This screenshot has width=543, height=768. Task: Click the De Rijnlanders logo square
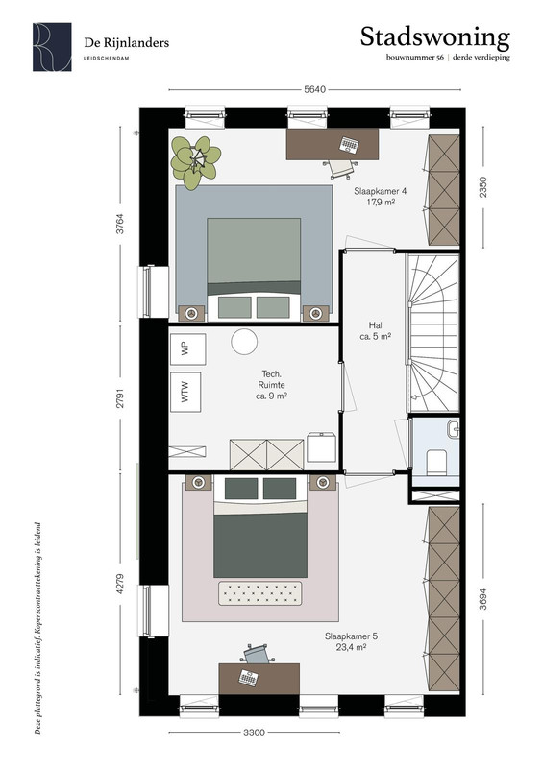tap(52, 47)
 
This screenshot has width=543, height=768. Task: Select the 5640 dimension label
tap(314, 89)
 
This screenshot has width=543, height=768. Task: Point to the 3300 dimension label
tap(254, 732)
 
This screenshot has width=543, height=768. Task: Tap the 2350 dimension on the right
tap(483, 187)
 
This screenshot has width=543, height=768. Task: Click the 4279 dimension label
tap(121, 584)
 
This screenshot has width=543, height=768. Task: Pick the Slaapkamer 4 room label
tap(381, 197)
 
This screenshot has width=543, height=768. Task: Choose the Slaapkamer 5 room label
tap(351, 641)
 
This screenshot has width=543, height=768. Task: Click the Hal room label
tap(375, 330)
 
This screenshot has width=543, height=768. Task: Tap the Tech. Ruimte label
tap(271, 385)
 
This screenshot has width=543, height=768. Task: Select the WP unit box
tap(187, 349)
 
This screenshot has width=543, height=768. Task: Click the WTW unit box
tap(185, 392)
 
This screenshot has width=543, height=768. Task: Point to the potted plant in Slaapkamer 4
tap(196, 161)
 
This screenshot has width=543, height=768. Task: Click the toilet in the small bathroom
tap(436, 462)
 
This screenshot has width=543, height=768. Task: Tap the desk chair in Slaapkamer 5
tap(257, 654)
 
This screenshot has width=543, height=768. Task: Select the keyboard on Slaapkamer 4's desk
tap(349, 145)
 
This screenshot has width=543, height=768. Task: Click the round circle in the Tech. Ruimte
tap(244, 342)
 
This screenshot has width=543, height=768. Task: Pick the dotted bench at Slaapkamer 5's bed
tap(260, 593)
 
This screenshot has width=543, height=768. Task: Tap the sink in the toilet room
tap(454, 428)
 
